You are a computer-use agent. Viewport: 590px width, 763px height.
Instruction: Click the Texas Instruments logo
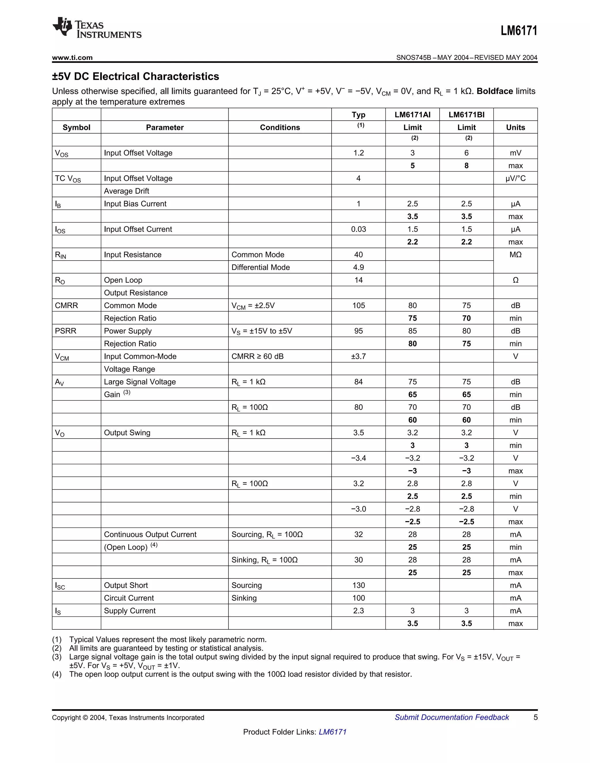(x=97, y=28)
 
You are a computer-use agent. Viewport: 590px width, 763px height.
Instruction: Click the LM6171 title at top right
(x=519, y=31)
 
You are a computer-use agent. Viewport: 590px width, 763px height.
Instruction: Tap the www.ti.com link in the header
(x=72, y=58)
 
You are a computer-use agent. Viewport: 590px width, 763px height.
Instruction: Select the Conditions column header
(x=280, y=128)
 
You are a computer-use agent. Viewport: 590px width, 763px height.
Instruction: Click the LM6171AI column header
(x=413, y=115)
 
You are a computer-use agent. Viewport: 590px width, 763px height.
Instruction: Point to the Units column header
(x=515, y=128)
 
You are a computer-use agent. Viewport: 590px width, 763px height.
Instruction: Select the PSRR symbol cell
(x=65, y=331)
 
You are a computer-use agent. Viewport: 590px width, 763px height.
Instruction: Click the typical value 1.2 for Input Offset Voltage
(x=358, y=153)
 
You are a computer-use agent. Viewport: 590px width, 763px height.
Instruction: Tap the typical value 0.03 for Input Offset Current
(x=358, y=229)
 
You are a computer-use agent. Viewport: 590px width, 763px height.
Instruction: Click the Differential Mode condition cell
(x=260, y=267)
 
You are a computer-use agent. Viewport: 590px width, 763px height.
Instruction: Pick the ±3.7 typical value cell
(x=358, y=356)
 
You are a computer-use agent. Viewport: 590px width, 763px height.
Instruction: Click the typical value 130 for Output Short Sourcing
(x=358, y=585)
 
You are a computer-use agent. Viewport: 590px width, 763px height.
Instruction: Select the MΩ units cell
(x=515, y=255)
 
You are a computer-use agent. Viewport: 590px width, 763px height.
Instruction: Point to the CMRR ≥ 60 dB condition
(x=257, y=356)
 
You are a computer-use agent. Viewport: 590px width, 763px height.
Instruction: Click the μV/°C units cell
(x=515, y=179)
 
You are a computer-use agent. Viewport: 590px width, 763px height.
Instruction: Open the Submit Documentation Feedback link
(x=452, y=717)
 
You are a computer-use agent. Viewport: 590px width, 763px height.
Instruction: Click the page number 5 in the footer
(x=535, y=717)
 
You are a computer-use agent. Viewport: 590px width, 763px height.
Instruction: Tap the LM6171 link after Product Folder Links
(x=332, y=732)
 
